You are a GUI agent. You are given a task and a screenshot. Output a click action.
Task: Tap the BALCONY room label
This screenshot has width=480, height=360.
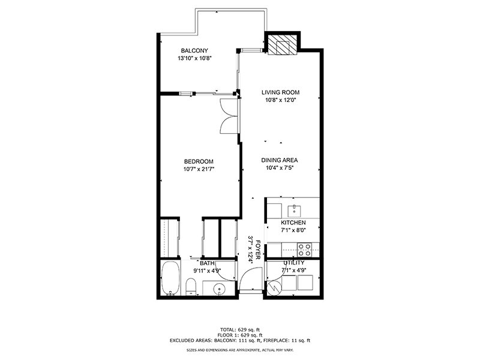click(x=195, y=50)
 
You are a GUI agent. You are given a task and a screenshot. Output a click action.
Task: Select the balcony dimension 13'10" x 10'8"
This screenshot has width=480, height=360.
click(x=195, y=59)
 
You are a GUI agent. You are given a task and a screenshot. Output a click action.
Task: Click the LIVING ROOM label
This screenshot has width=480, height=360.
click(x=280, y=92)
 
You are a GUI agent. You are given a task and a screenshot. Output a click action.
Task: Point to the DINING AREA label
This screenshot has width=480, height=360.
click(x=280, y=160)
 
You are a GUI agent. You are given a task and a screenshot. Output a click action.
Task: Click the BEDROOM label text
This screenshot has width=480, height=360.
click(x=199, y=161)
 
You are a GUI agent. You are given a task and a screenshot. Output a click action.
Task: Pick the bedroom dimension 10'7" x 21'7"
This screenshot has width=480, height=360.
click(x=199, y=169)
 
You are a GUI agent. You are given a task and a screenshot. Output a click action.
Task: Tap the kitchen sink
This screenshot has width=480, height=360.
click(x=295, y=210)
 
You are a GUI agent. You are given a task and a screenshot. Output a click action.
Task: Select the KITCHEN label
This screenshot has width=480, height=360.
click(x=293, y=223)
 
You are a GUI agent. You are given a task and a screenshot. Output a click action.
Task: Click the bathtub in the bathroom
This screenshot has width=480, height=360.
click(x=170, y=279)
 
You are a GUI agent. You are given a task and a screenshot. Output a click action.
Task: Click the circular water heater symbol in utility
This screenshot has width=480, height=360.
click(x=274, y=288)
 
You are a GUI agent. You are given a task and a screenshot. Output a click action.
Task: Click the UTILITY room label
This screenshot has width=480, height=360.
click(x=293, y=263)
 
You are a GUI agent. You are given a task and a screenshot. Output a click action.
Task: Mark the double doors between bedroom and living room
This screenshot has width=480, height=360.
click(x=229, y=117)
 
